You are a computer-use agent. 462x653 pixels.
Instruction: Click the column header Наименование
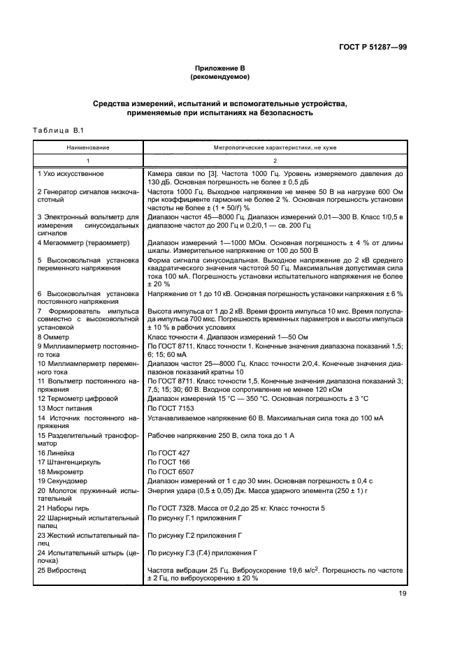coord(88,149)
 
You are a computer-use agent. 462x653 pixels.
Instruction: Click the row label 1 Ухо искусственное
coord(71,173)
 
